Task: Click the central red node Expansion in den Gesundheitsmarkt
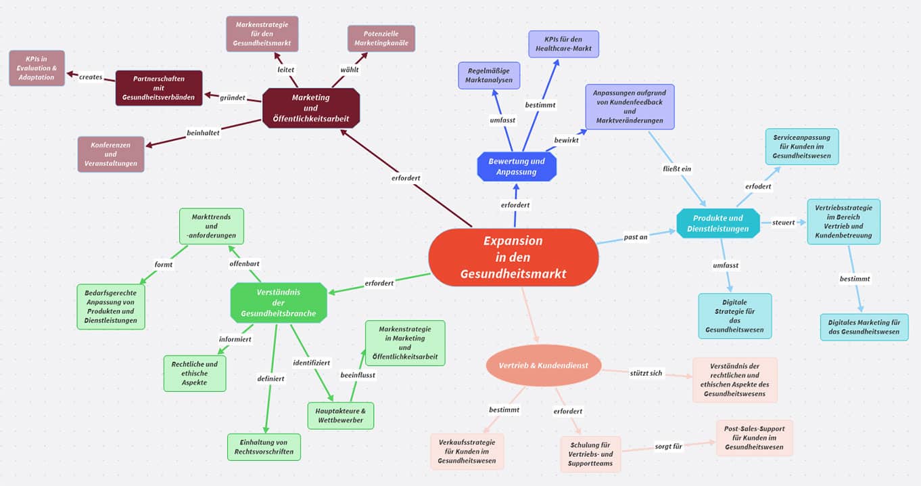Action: (x=513, y=257)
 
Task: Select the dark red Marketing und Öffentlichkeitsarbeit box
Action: (x=311, y=108)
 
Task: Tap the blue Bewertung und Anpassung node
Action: (x=517, y=167)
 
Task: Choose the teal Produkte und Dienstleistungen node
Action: (x=718, y=223)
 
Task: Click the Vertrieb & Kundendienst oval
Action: (x=543, y=366)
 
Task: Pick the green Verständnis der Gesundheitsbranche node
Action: (x=279, y=302)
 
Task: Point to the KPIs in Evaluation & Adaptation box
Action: (x=37, y=68)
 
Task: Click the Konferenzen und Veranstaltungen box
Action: (x=111, y=154)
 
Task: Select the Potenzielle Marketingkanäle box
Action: (x=381, y=38)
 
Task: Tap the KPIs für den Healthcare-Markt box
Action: (x=563, y=44)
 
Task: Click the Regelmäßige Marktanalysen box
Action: (x=489, y=75)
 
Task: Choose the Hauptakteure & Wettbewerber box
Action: (x=340, y=415)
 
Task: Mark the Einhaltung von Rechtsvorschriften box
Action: (x=264, y=447)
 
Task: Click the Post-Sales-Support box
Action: (x=754, y=437)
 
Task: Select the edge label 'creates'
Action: (x=91, y=77)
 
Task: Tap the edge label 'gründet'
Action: (x=233, y=97)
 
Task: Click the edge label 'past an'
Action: (x=636, y=237)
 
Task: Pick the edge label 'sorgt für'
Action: (x=668, y=446)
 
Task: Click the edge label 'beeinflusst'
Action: (x=358, y=374)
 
